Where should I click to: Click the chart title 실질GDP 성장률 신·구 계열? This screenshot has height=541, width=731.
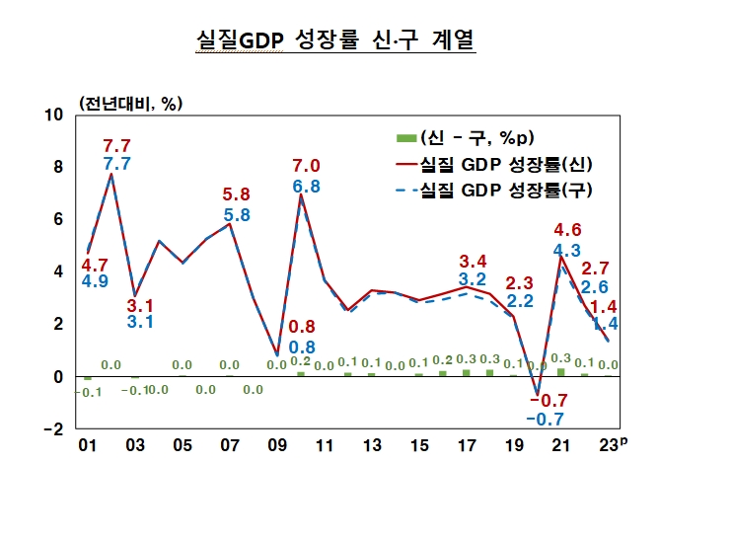[x=335, y=40]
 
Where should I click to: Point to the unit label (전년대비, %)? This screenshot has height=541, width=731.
[x=131, y=103]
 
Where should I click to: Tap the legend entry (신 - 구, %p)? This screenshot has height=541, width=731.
[x=477, y=136]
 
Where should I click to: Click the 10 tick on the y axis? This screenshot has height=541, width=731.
[x=55, y=115]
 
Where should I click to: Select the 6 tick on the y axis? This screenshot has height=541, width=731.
[x=58, y=219]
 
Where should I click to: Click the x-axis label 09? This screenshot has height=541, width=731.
[x=277, y=446]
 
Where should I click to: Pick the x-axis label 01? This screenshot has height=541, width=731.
[x=88, y=446]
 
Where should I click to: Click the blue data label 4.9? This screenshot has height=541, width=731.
[x=95, y=281]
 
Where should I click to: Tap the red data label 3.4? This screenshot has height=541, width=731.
[x=474, y=262]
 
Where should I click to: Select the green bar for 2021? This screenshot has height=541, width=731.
[x=561, y=372]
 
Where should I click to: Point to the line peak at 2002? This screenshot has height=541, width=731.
[x=110, y=175]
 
